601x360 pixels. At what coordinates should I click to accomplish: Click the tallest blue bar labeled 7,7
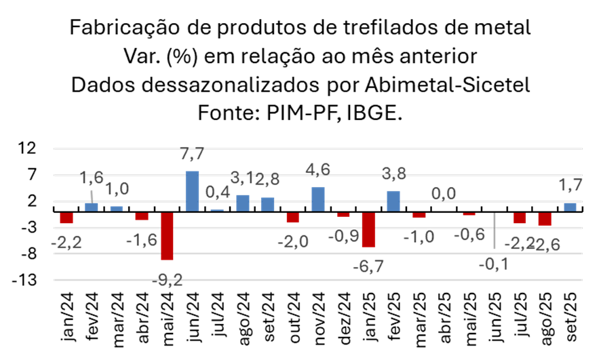(x=192, y=191)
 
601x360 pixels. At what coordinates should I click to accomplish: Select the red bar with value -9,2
(x=167, y=236)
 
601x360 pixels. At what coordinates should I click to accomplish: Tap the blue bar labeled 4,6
(x=318, y=199)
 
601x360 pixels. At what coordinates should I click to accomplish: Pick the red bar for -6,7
(x=368, y=230)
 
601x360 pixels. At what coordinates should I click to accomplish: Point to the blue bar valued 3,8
(x=393, y=201)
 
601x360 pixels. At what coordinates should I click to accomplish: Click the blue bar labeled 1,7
(x=570, y=207)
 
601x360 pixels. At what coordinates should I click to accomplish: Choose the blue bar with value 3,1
(x=243, y=203)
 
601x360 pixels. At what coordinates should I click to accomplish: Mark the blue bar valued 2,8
(x=268, y=204)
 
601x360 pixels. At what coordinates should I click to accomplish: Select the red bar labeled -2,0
(x=292, y=218)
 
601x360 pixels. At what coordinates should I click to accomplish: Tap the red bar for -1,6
(x=142, y=216)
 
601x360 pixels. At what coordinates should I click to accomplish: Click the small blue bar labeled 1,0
(x=117, y=208)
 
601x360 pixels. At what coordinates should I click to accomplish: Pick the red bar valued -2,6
(x=545, y=219)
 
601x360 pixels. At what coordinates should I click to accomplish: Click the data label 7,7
(x=192, y=155)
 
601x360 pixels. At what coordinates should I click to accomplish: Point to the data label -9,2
(x=168, y=280)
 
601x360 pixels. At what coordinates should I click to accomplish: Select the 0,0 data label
(x=444, y=194)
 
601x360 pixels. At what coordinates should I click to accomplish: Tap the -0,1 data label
(x=494, y=264)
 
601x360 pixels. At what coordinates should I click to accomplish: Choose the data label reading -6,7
(x=368, y=266)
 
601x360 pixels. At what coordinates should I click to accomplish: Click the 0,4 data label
(x=218, y=193)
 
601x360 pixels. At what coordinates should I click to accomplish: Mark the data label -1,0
(x=419, y=237)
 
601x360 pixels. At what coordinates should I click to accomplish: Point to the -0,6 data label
(x=469, y=235)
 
